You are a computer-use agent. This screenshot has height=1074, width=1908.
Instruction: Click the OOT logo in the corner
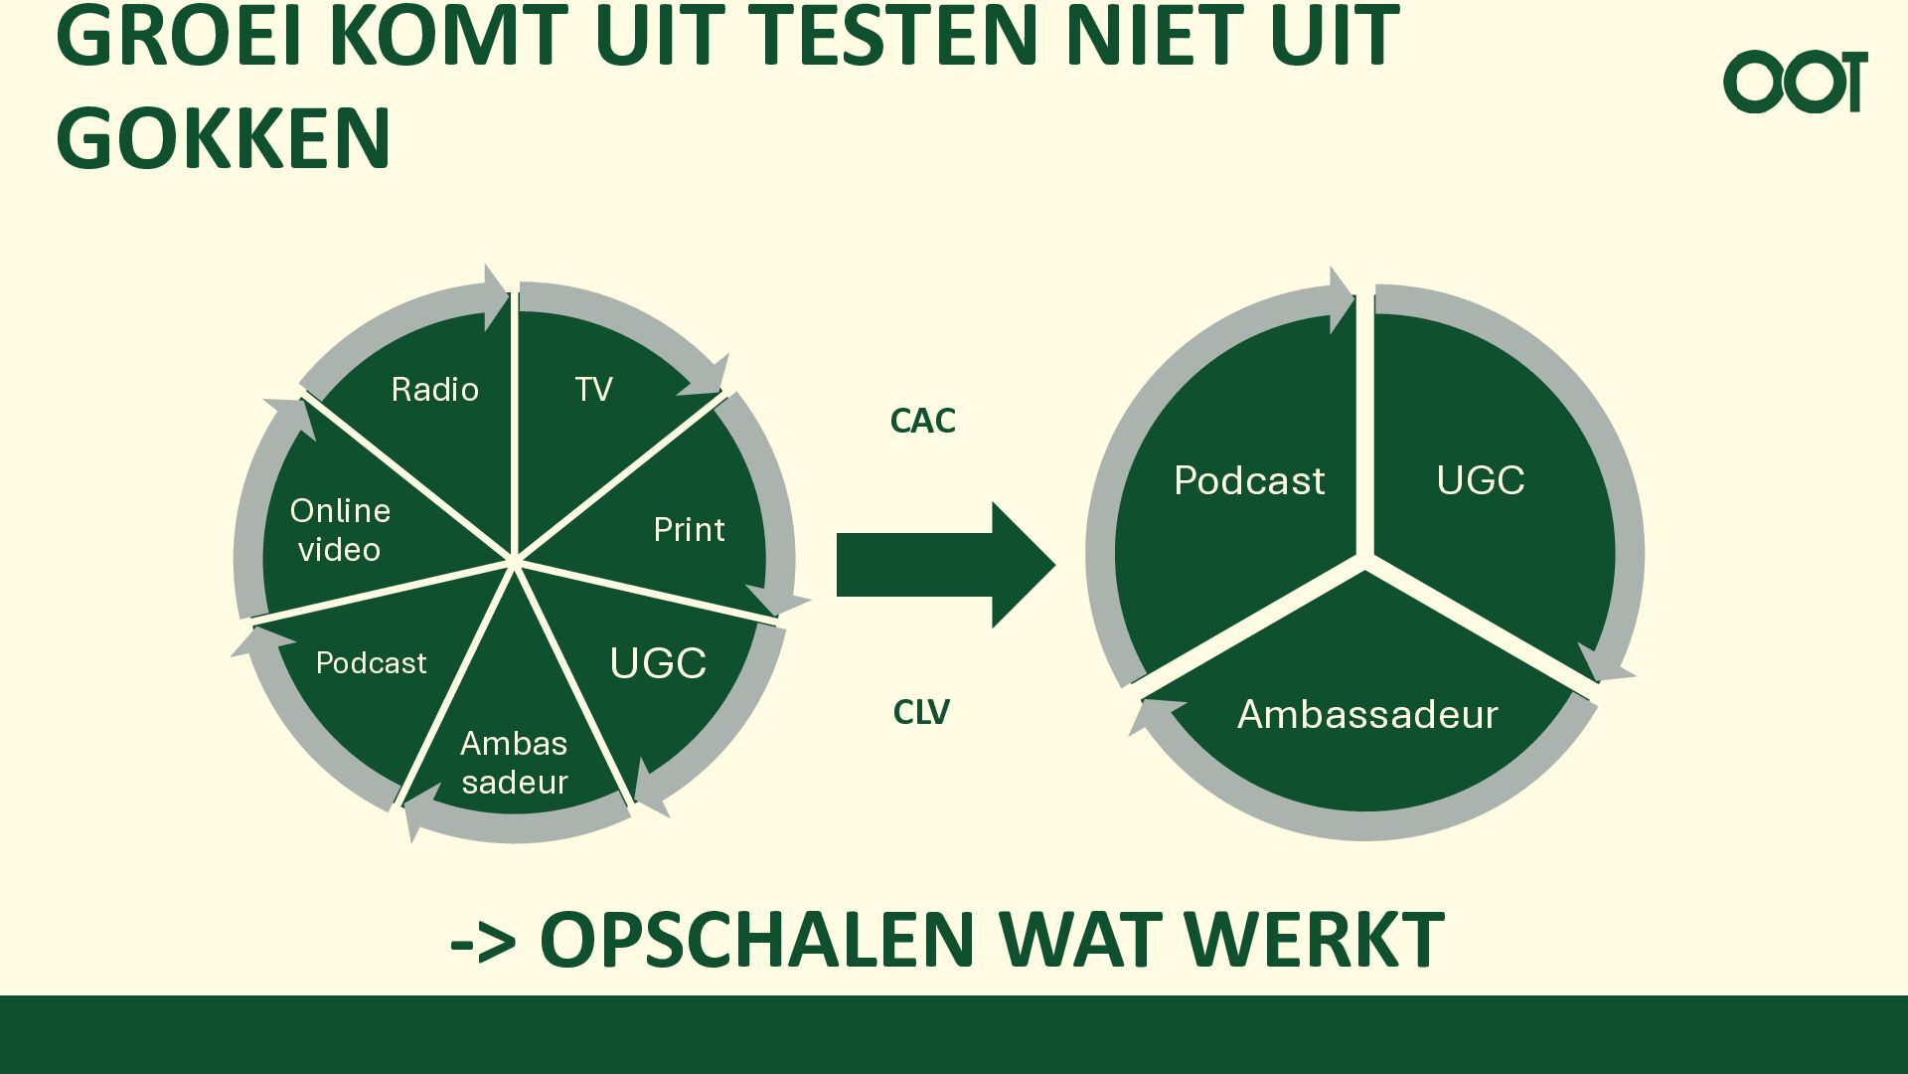[1795, 82]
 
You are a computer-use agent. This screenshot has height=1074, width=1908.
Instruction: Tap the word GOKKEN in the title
[224, 138]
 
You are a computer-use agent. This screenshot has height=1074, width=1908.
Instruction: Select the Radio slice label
[434, 389]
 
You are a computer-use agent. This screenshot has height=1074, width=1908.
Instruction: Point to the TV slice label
[593, 389]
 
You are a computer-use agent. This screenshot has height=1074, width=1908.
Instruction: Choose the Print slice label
[689, 529]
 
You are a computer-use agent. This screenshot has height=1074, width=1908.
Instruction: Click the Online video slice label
[340, 529]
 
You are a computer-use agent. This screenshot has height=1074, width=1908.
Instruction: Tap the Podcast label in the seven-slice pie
[371, 662]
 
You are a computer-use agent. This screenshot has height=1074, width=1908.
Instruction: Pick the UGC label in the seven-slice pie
[658, 663]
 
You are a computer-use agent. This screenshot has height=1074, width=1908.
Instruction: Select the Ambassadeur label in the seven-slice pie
[514, 763]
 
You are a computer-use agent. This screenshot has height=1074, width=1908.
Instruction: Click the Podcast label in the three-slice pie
[1249, 480]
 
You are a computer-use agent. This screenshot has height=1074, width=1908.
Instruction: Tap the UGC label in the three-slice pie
[1480, 480]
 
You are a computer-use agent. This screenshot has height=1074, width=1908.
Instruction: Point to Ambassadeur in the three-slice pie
[1367, 714]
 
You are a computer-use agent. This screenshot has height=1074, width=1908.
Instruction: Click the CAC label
[922, 421]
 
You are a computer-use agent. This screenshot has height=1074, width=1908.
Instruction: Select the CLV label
[921, 712]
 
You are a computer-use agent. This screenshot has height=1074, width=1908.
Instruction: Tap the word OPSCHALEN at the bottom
[757, 939]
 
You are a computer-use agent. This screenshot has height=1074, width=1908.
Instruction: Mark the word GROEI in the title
[179, 36]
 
